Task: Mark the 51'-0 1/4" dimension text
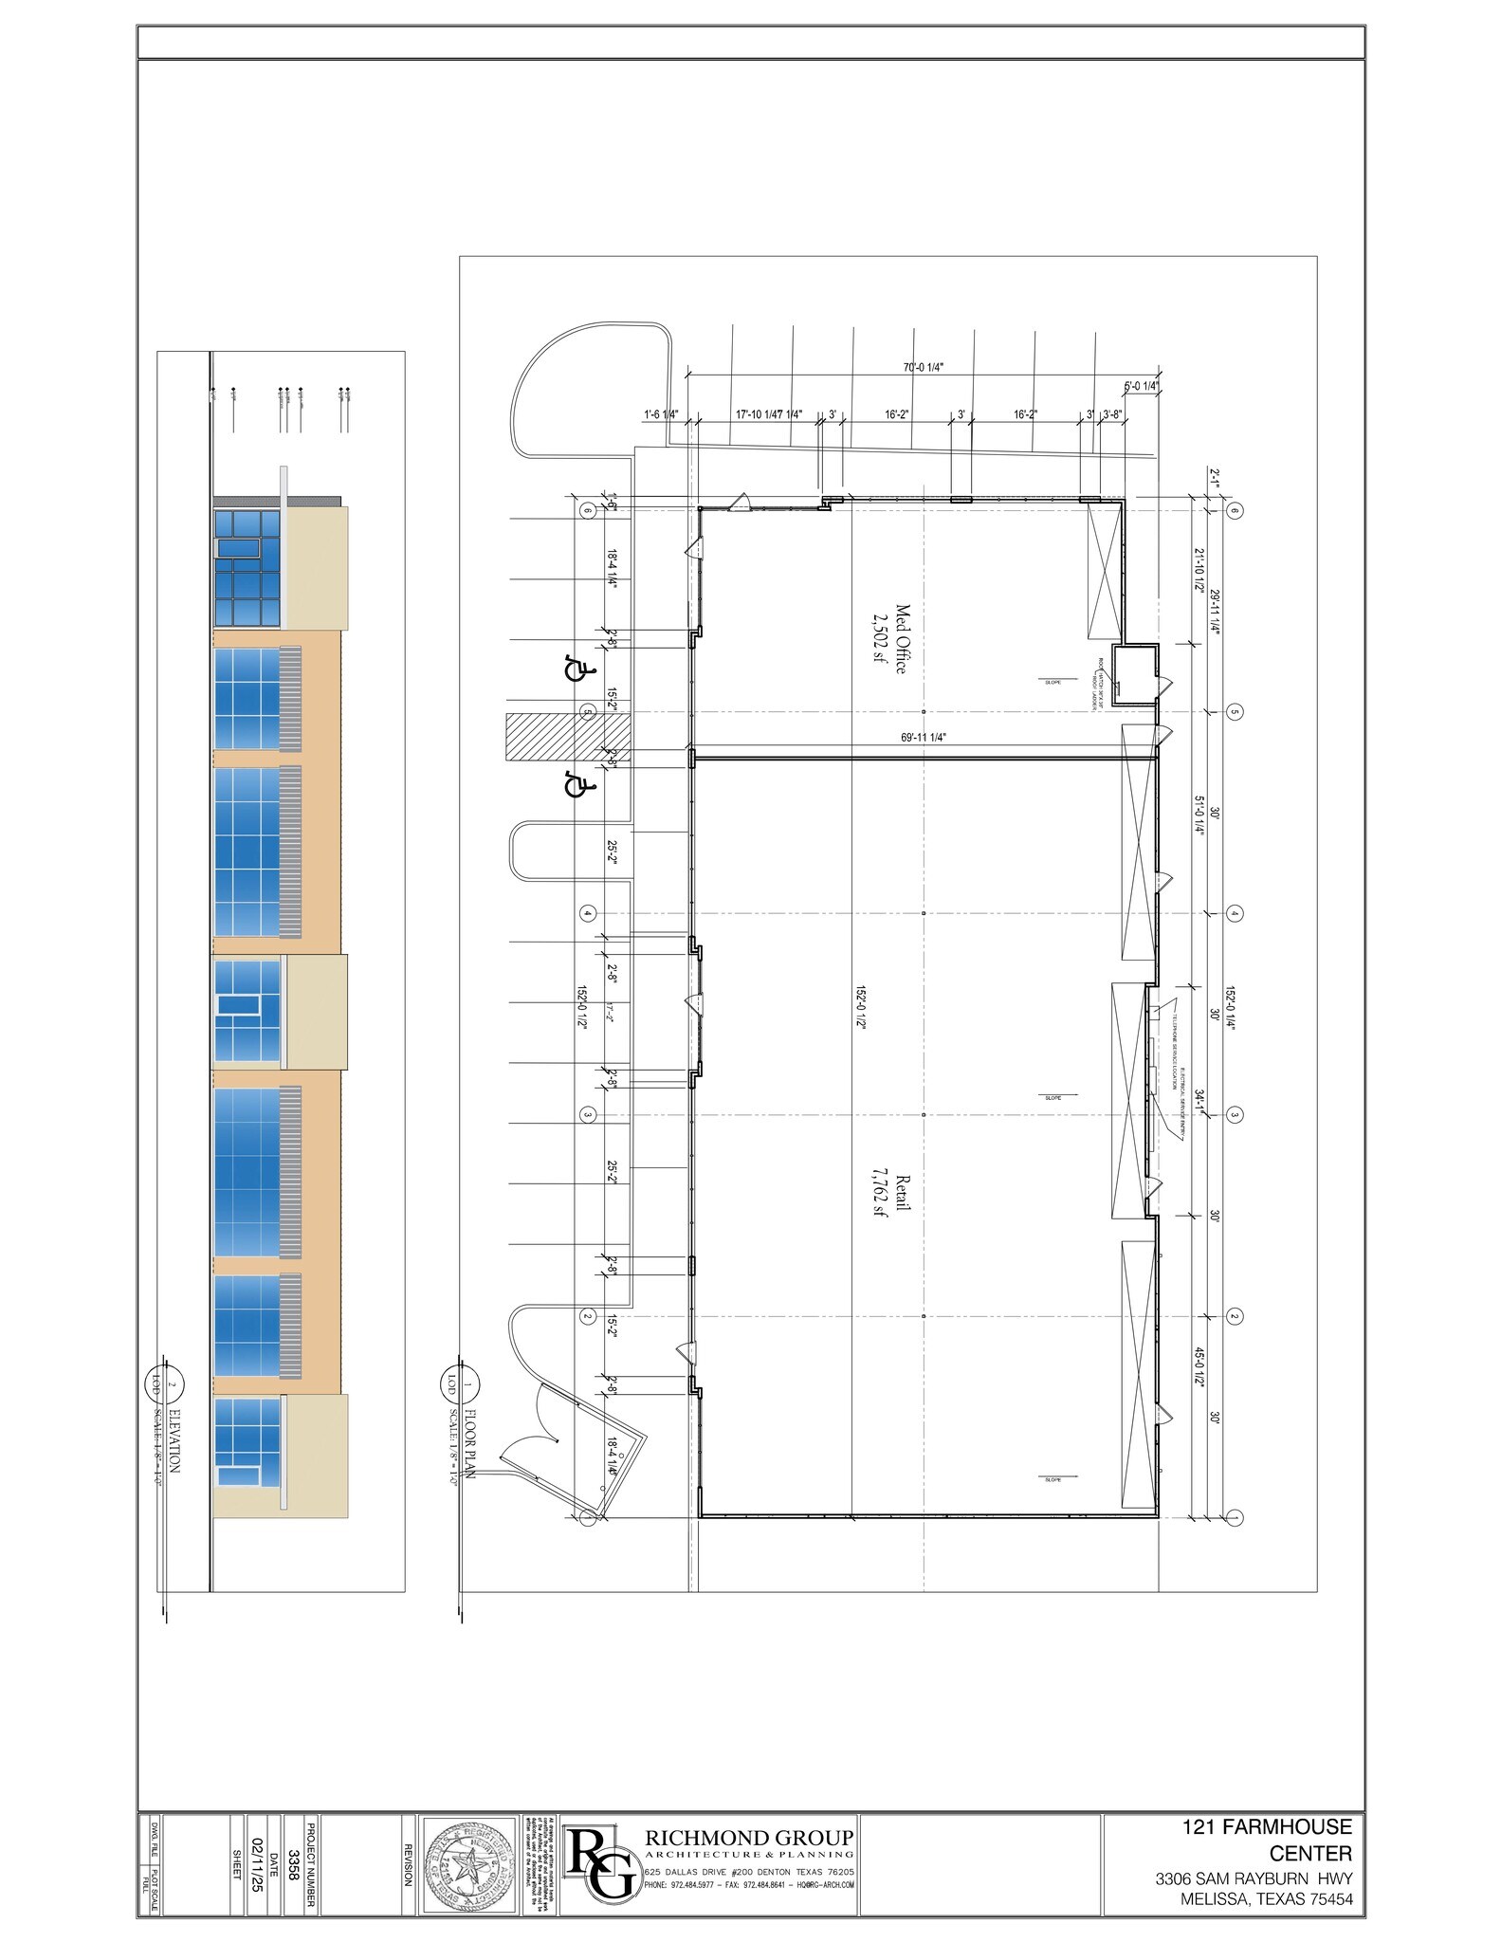coord(1199,813)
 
